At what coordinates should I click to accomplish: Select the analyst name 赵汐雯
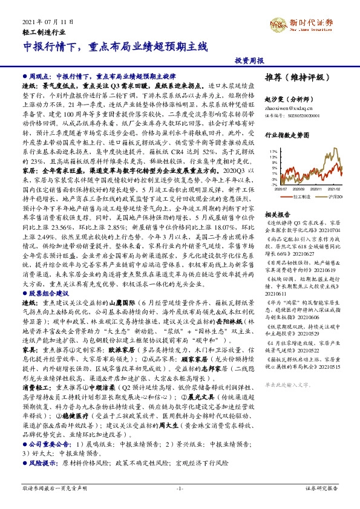pos(288,97)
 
